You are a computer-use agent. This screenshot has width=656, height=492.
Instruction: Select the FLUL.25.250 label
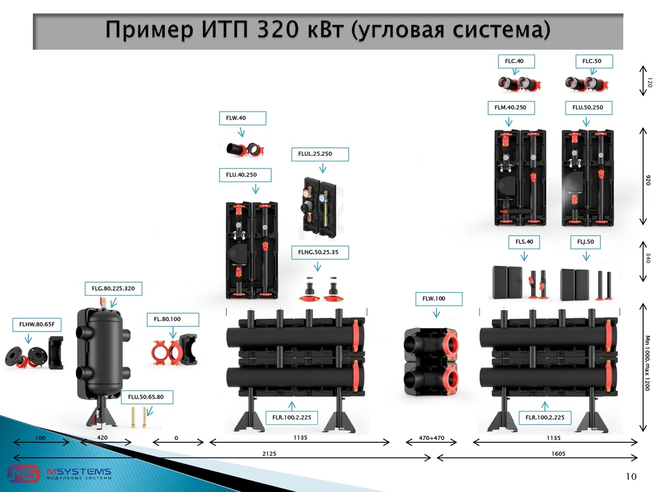(x=319, y=154)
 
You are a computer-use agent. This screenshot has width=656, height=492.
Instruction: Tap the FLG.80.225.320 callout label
(x=113, y=288)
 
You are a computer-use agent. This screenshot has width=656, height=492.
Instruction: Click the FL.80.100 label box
(x=172, y=319)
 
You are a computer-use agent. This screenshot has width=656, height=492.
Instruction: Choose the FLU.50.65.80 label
(x=146, y=397)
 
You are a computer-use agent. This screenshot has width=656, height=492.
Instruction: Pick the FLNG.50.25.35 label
(x=319, y=253)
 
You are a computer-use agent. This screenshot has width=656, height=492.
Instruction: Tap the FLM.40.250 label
(x=511, y=108)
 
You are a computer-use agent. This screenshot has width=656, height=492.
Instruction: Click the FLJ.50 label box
(x=585, y=241)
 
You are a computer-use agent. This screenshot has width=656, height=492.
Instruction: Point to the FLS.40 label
(x=524, y=241)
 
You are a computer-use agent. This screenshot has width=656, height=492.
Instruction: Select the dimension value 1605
(x=558, y=453)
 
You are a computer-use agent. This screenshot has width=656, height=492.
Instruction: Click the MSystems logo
(x=60, y=473)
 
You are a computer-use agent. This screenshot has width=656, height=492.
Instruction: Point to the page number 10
(x=631, y=477)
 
